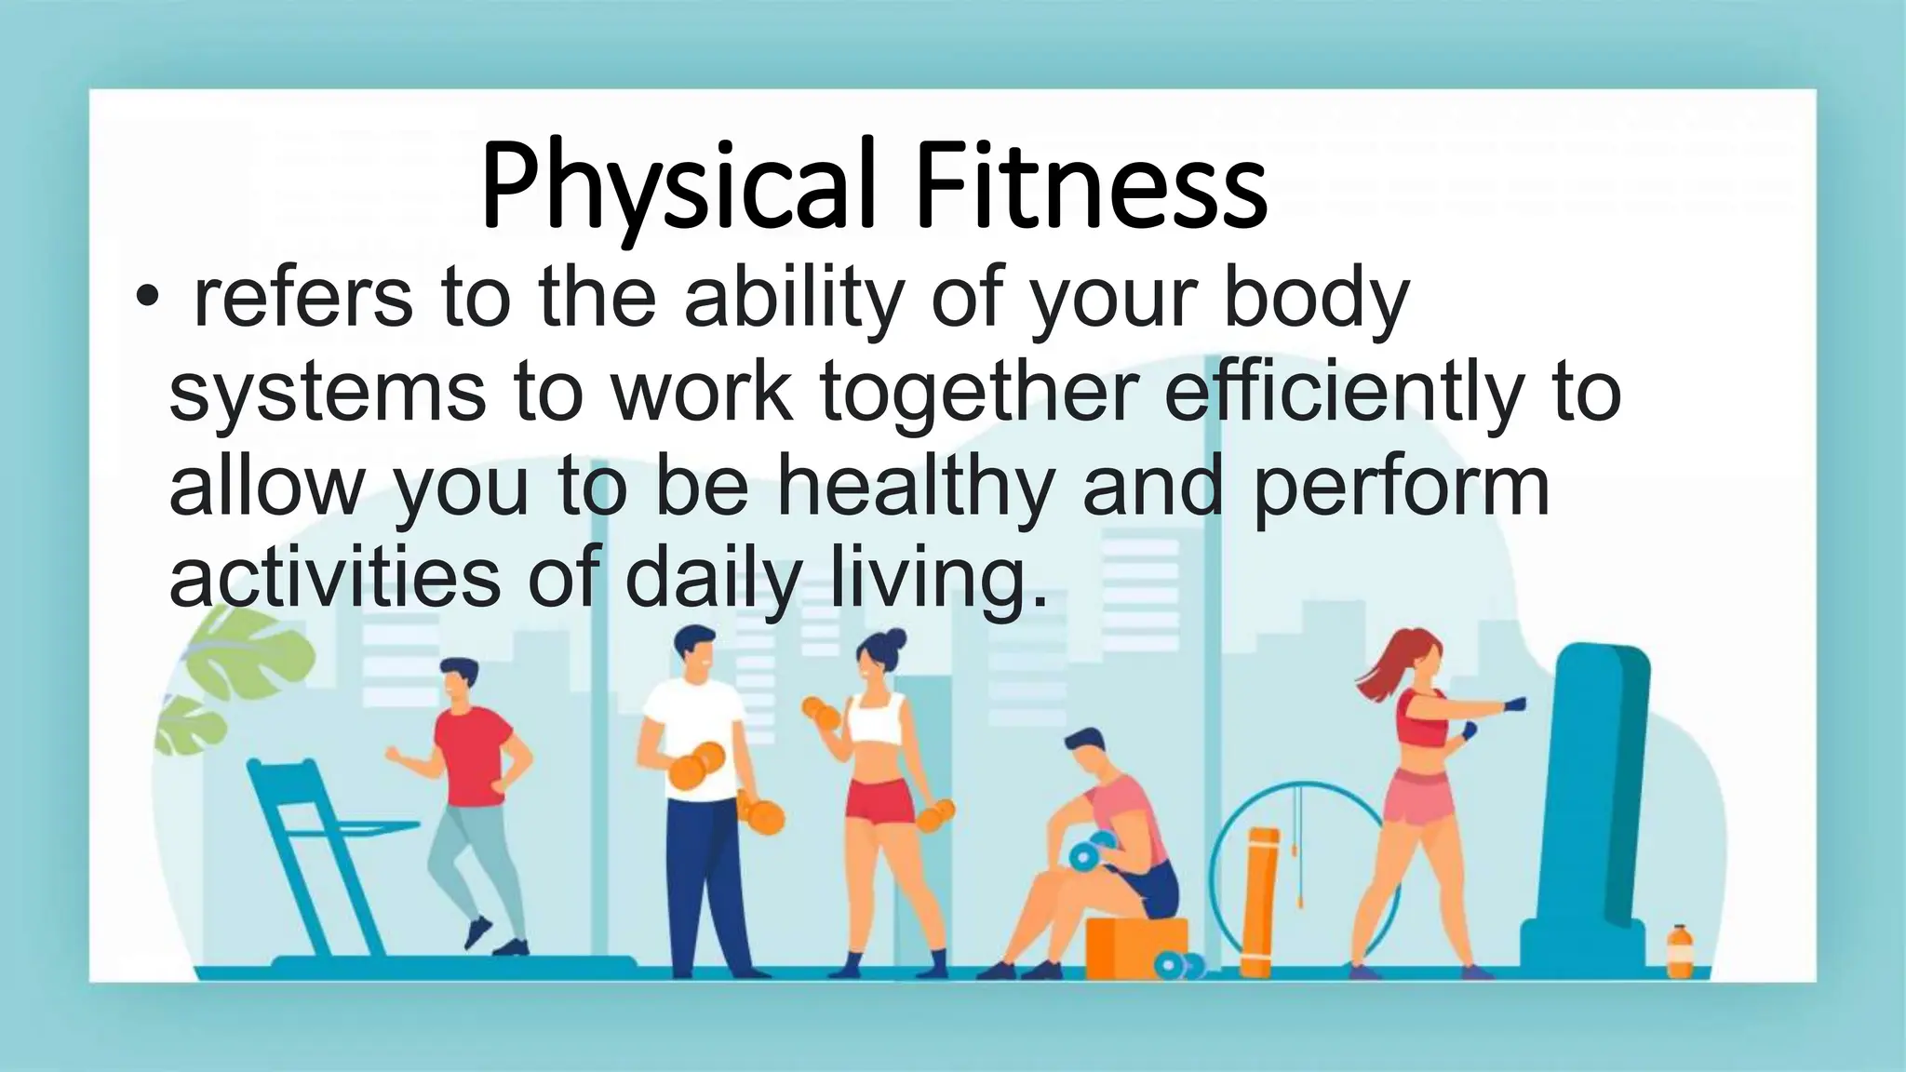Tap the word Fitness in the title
1090,186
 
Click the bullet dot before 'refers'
145,299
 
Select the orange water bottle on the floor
1679,951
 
